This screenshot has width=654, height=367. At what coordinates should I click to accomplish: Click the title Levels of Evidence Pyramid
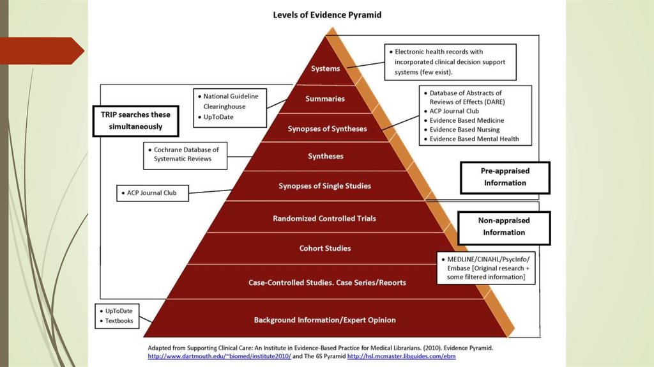point(327,14)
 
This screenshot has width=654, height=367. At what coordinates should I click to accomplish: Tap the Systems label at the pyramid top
point(325,68)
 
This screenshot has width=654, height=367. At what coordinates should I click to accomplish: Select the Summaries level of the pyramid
point(325,98)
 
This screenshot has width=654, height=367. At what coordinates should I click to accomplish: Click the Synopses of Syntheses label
point(327,129)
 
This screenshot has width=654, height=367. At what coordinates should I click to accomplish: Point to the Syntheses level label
point(326,156)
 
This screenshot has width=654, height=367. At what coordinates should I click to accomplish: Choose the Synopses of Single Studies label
point(324,186)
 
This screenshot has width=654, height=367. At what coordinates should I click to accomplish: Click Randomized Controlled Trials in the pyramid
point(324,218)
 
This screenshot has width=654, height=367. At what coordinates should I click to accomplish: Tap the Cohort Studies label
point(325,248)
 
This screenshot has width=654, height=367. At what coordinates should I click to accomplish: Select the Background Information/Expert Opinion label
point(325,320)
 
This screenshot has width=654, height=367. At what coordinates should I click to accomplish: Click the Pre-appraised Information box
point(505,177)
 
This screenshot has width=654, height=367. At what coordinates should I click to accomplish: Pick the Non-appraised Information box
point(505,227)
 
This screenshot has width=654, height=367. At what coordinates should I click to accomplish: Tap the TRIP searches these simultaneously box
point(135,120)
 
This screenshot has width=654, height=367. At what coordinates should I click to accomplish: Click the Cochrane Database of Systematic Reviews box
point(186,154)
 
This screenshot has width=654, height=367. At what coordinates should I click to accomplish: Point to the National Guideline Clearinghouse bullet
point(231,100)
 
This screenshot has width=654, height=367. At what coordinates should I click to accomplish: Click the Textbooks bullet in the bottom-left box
point(119,320)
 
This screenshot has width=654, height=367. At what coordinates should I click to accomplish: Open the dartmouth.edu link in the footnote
point(220,355)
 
